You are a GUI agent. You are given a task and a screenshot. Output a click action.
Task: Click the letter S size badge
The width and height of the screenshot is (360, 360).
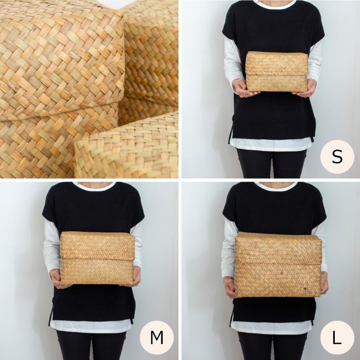337,156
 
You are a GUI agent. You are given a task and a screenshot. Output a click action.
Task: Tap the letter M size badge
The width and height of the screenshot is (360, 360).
156,337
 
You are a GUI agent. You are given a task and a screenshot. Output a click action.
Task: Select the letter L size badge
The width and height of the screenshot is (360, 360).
337,337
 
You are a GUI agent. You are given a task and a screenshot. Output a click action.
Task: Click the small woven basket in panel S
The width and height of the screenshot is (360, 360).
277,72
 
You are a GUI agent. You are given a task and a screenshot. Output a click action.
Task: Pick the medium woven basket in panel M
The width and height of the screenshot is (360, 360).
97,258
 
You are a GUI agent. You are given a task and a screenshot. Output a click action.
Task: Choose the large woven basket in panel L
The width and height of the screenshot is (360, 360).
278,264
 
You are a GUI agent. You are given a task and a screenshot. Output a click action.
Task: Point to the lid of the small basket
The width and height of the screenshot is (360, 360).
277,63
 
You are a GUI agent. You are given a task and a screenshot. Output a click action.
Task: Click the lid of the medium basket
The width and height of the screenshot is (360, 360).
97,246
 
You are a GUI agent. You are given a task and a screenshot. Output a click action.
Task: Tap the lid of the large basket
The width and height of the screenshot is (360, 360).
278,248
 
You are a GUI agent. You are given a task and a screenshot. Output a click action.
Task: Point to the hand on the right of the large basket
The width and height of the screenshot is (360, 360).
324,283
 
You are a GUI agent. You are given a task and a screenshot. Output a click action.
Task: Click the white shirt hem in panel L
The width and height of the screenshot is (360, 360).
271,327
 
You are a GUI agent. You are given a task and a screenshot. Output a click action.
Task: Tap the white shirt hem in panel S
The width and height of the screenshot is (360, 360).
271,145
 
